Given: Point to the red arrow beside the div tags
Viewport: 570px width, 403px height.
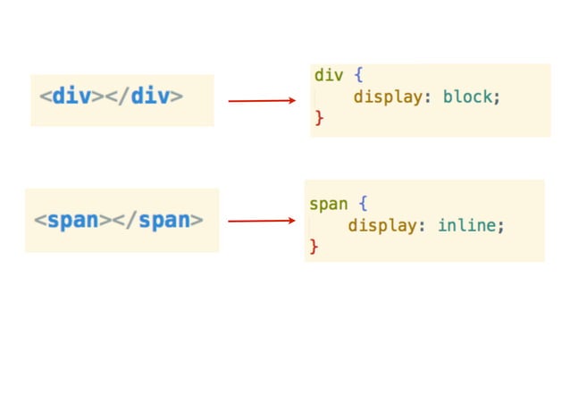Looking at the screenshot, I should pos(261,101).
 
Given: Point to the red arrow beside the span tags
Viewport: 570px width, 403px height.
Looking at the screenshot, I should pos(261,221).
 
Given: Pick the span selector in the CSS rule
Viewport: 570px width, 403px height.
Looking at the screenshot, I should pos(328,205).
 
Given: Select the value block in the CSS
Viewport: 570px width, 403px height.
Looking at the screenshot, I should pos(466,97).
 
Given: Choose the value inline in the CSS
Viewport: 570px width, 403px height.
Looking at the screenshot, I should pos(466,226).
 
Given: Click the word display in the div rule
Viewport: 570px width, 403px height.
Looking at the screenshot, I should pos(388,97).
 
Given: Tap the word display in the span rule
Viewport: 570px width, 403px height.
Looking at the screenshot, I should pos(382,226).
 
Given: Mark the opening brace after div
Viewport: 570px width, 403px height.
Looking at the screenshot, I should pos(358,76).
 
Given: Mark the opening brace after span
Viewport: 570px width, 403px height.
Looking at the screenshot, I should pos(364,205).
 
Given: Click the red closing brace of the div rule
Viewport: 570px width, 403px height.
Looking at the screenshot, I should pos(319,118).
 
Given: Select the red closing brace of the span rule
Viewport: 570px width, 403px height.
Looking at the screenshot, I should pos(314,247).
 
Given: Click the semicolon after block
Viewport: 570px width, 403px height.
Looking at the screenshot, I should pos(497,97).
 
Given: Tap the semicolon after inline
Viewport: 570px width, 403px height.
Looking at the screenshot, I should pos(501,226).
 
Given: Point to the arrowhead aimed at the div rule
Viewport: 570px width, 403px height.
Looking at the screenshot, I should pos(291,101).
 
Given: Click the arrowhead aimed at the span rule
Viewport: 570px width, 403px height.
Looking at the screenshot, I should pos(291,221).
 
